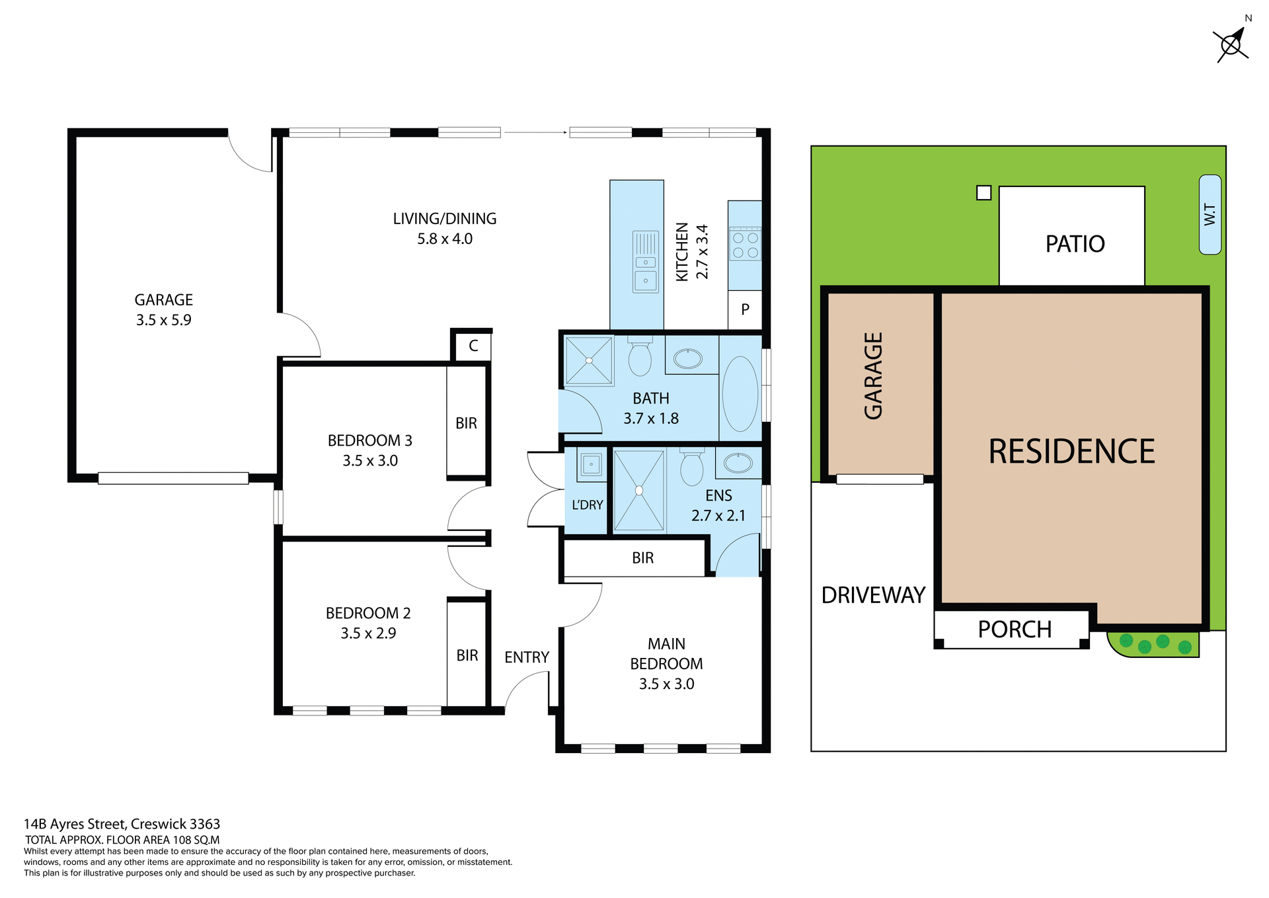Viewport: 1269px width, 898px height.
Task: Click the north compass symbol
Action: [x=1231, y=45]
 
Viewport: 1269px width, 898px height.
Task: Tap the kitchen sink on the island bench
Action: [x=646, y=262]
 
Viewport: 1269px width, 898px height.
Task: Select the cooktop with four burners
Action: [x=745, y=244]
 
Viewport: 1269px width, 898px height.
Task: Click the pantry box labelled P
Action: [x=745, y=309]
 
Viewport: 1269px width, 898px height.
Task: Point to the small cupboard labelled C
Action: [x=473, y=346]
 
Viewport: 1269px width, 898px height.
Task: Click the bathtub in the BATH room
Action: [x=740, y=394]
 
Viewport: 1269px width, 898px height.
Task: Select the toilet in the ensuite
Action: [x=692, y=467]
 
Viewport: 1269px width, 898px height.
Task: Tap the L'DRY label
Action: [x=587, y=505]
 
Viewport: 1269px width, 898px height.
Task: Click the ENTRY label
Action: [x=527, y=657]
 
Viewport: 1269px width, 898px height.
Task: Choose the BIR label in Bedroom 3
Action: [x=466, y=423]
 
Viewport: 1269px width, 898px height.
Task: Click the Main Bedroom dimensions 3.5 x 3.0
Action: [x=666, y=684]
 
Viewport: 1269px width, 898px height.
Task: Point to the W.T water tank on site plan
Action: [x=1210, y=214]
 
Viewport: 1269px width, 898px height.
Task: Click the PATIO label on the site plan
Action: [x=1075, y=244]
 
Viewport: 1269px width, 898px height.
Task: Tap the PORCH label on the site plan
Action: [x=1015, y=630]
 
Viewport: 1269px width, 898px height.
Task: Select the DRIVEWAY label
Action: [x=872, y=595]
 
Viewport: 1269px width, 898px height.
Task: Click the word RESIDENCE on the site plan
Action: [x=1071, y=452]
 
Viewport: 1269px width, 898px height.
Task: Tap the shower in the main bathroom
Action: [x=589, y=361]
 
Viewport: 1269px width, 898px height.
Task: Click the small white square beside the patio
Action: [x=983, y=192]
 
